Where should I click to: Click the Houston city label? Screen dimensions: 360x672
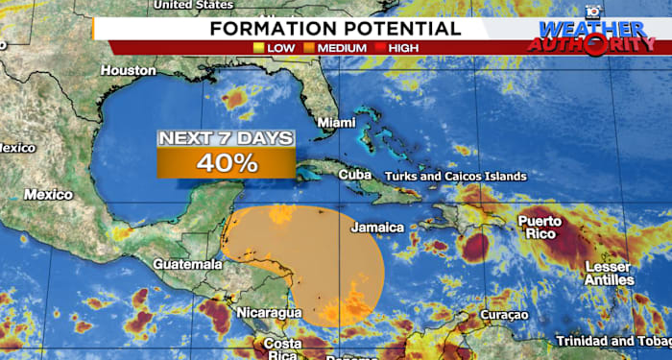pyautogui.click(x=128, y=70)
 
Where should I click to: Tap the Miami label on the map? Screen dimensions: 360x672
pyautogui.click(x=335, y=123)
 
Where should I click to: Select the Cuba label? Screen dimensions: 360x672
pyautogui.click(x=354, y=175)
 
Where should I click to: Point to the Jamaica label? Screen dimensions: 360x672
pyautogui.click(x=377, y=228)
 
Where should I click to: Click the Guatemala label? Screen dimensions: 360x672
pyautogui.click(x=187, y=264)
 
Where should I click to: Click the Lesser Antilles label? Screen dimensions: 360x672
pyautogui.click(x=609, y=273)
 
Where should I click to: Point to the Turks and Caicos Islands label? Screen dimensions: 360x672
pyautogui.click(x=455, y=177)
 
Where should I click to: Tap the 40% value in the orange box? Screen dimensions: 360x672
pyautogui.click(x=227, y=162)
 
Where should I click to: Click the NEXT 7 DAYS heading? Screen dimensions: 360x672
pyautogui.click(x=227, y=138)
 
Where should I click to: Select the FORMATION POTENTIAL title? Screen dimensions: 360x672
pyautogui.click(x=335, y=27)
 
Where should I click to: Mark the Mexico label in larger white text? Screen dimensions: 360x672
pyautogui.click(x=48, y=195)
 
